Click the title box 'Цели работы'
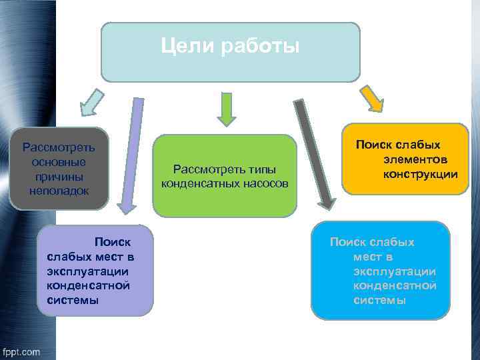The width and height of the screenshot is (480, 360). (x=230, y=52)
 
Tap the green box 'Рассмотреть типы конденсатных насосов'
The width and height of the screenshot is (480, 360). (x=225, y=175)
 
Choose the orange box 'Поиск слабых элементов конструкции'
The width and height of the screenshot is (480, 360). (x=406, y=159)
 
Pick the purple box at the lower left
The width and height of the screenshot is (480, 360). (x=97, y=269)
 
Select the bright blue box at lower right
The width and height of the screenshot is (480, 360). (x=380, y=270)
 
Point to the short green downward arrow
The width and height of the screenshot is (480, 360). (x=227, y=109)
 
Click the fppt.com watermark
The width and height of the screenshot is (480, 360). (x=21, y=351)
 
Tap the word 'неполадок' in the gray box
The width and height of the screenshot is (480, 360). (x=59, y=191)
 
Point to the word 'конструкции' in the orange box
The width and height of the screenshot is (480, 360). (x=421, y=174)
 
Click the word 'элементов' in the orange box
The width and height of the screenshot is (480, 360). (x=415, y=159)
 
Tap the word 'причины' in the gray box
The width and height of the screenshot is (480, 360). (x=59, y=176)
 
